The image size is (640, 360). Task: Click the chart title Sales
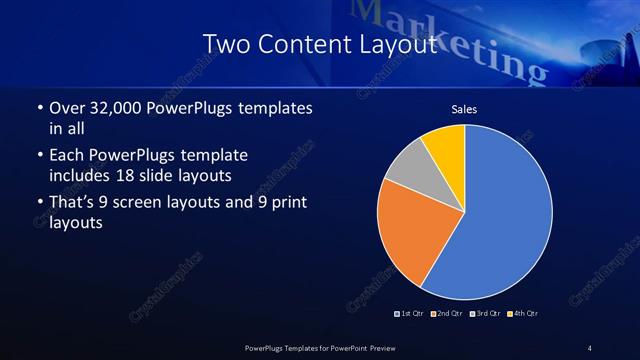[x=465, y=109]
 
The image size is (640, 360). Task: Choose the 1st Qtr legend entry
[x=411, y=314]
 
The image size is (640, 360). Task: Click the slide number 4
[x=589, y=348]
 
